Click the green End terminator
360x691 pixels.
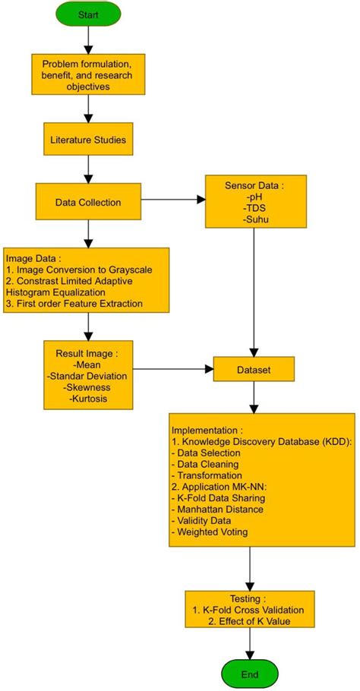pyautogui.click(x=249, y=674)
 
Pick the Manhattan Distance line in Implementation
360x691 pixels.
pyautogui.click(x=219, y=509)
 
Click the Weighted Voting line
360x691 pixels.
pyautogui.click(x=213, y=533)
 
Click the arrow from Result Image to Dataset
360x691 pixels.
pyautogui.click(x=175, y=370)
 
